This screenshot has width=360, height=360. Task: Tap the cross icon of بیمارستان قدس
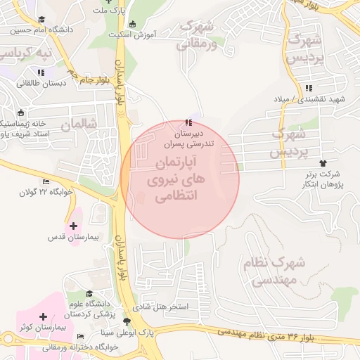pyautogui.click(x=73, y=226)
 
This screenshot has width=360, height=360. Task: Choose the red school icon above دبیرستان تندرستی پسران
pyautogui.click(x=187, y=123)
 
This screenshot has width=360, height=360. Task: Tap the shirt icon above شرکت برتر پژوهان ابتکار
pyautogui.click(x=323, y=162)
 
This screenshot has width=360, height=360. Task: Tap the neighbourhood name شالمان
pyautogui.click(x=77, y=125)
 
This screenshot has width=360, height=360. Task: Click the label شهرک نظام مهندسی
pyautogui.click(x=274, y=271)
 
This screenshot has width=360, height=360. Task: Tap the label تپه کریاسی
pyautogui.click(x=26, y=53)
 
